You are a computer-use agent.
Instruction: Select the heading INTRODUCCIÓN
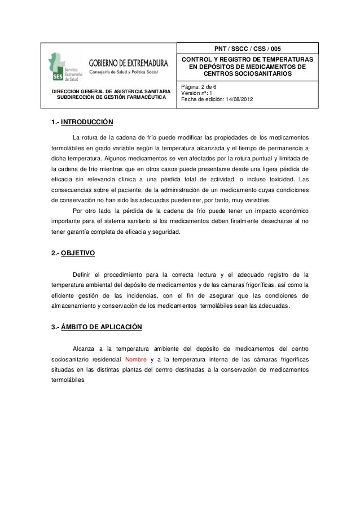(x=87, y=121)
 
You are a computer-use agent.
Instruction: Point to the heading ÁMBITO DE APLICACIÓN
(x=102, y=327)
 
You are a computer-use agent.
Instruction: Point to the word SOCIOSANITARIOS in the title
(x=248, y=74)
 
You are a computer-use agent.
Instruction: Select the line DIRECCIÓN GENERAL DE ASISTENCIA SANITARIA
(x=111, y=91)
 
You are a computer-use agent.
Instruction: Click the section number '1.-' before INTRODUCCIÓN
(x=55, y=121)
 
